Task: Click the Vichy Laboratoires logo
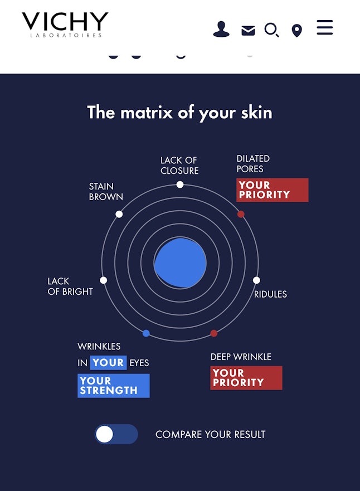tap(65, 25)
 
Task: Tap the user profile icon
tap(221, 30)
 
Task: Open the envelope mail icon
tap(248, 31)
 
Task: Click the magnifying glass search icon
tap(272, 30)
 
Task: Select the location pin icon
tap(297, 31)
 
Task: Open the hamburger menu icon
tap(325, 27)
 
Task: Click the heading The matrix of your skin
tap(179, 113)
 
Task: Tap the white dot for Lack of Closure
tap(179, 184)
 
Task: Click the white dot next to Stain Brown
tap(119, 214)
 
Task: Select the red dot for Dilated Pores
tap(241, 214)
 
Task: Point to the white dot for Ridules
tap(256, 280)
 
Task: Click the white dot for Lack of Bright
tap(103, 280)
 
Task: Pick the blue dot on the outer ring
tap(146, 333)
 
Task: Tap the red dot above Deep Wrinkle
tap(214, 333)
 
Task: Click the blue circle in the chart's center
tap(180, 262)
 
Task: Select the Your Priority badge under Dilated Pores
tap(273, 190)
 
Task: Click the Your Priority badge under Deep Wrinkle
tap(246, 378)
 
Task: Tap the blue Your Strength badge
tap(114, 386)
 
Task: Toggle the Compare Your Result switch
tap(116, 434)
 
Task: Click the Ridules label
tap(270, 294)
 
